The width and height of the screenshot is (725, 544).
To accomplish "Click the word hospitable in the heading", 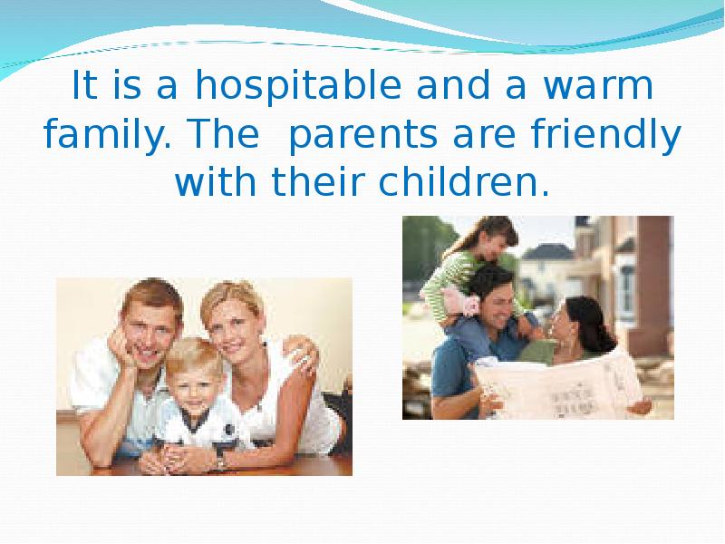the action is pyautogui.click(x=298, y=86).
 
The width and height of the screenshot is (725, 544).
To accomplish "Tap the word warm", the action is pyautogui.click(x=598, y=86).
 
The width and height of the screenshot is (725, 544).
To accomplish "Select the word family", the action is pyautogui.click(x=107, y=134).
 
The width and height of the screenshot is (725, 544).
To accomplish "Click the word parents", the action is pyautogui.click(x=362, y=135).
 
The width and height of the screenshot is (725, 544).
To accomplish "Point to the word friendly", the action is pyautogui.click(x=606, y=134).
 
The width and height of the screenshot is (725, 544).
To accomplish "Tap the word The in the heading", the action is pyautogui.click(x=225, y=133).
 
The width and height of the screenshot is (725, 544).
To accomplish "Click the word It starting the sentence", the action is pyautogui.click(x=84, y=84).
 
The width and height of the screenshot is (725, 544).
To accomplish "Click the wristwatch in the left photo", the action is pyautogui.click(x=221, y=461).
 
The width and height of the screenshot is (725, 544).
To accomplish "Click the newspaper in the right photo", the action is pyautogui.click(x=559, y=386).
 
